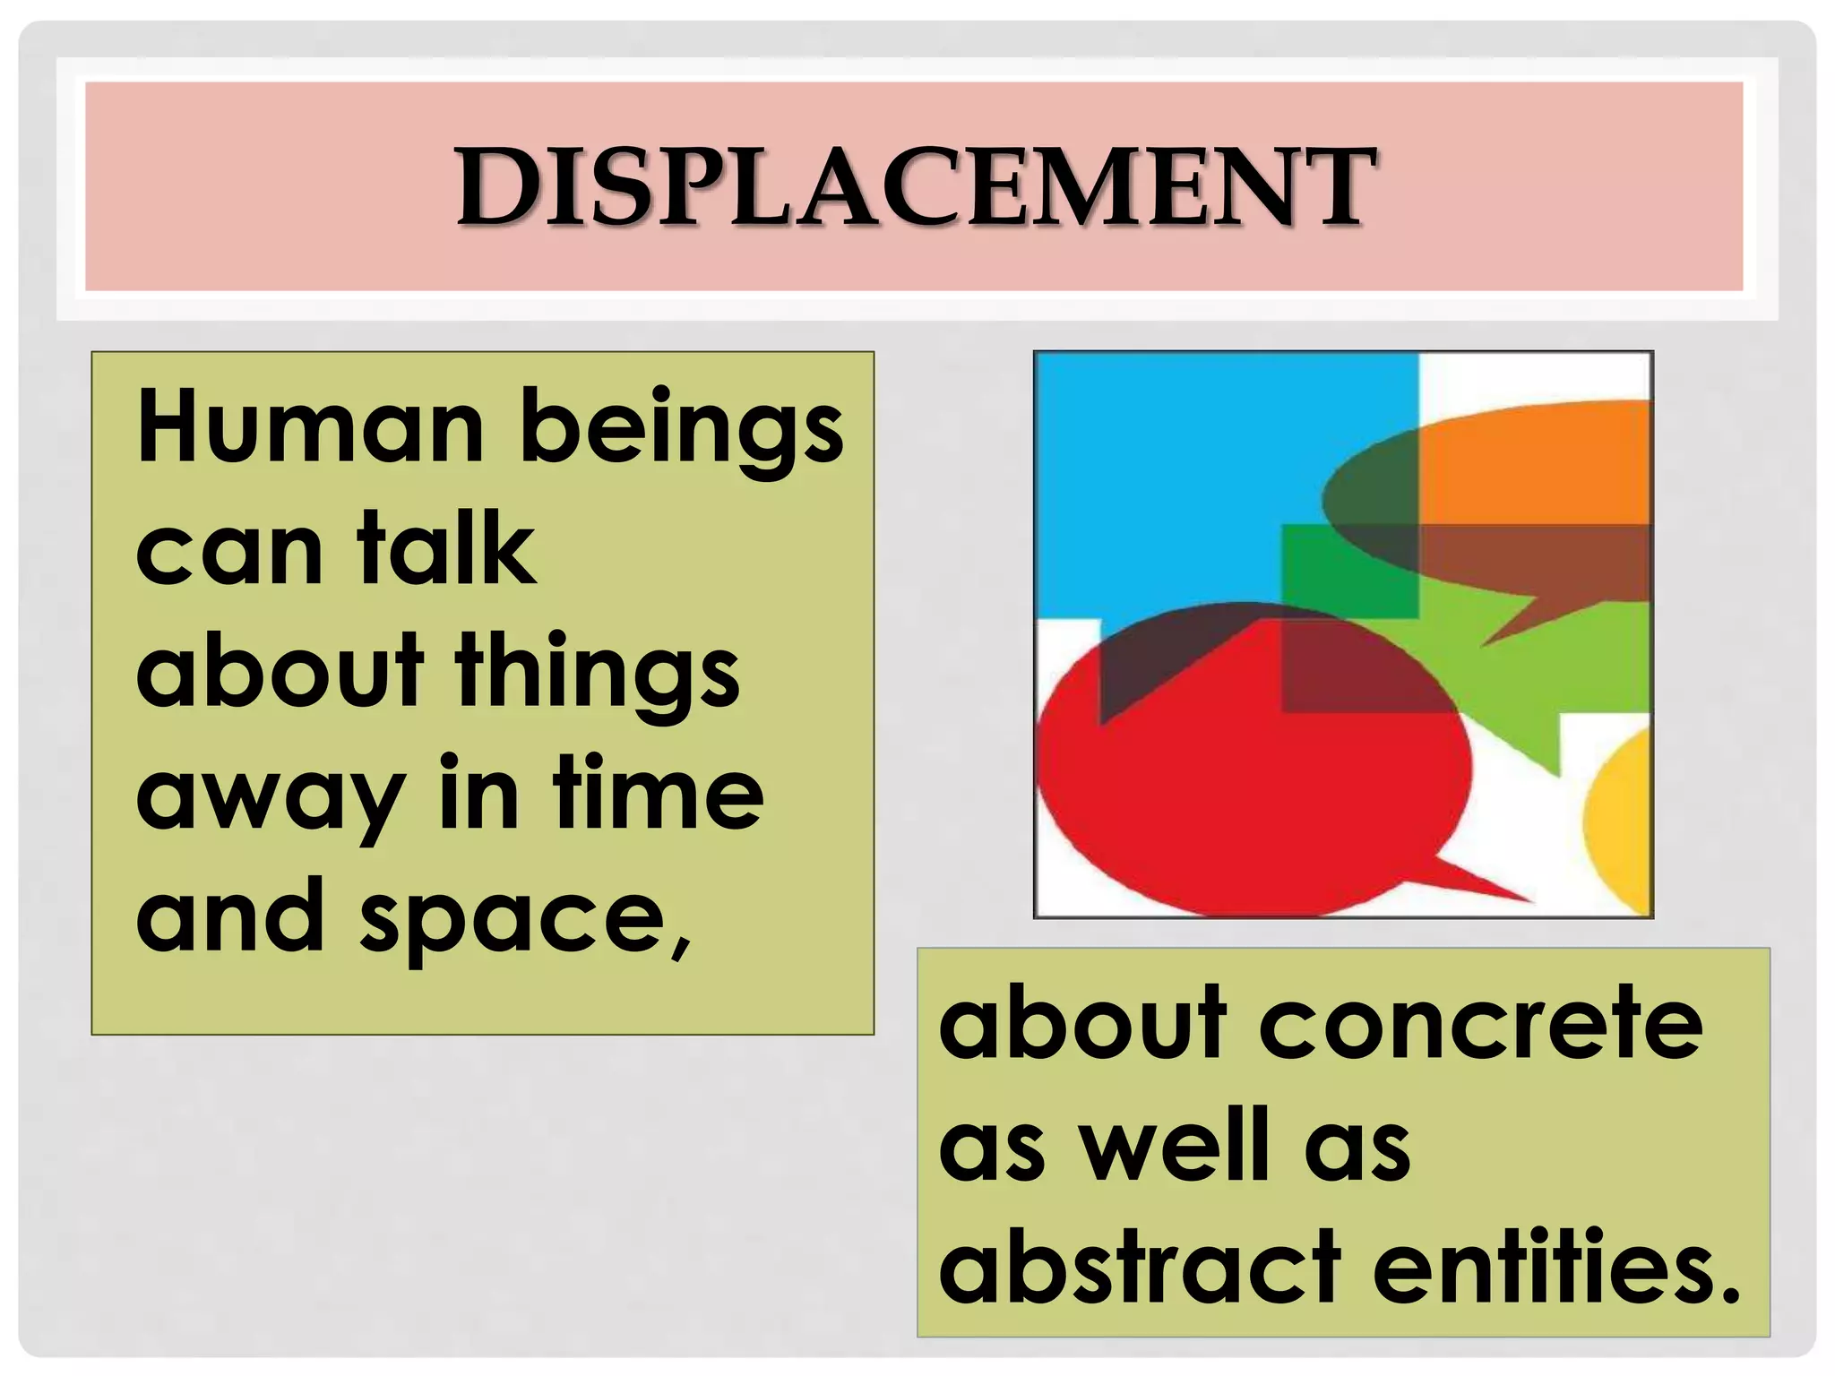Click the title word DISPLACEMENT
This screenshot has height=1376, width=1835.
[x=916, y=186]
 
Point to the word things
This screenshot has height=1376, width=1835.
[x=598, y=674]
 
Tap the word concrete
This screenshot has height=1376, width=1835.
[x=1480, y=1024]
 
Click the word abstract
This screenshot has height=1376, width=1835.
[x=1139, y=1268]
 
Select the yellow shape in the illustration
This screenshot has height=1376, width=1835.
[x=1622, y=824]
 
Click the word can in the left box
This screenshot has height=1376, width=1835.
[x=228, y=552]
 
